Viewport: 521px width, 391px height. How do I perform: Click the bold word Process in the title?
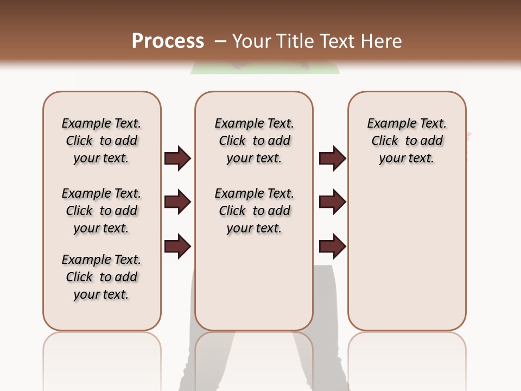pyautogui.click(x=168, y=41)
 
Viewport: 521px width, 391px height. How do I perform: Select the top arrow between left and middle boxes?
pyautogui.click(x=177, y=159)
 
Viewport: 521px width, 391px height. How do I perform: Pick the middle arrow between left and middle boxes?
pyautogui.click(x=177, y=202)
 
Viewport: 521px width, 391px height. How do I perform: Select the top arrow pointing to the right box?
pyautogui.click(x=332, y=159)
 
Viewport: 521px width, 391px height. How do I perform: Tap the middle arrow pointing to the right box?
pyautogui.click(x=332, y=202)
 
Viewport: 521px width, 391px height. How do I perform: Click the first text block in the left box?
pyautogui.click(x=101, y=141)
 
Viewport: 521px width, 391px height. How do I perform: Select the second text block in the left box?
pyautogui.click(x=101, y=211)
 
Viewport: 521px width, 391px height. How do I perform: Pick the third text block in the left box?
pyautogui.click(x=101, y=277)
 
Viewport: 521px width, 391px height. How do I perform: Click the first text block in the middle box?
pyautogui.click(x=254, y=141)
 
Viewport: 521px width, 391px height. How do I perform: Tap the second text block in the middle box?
pyautogui.click(x=254, y=211)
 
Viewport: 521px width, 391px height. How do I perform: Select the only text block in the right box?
pyautogui.click(x=406, y=141)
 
